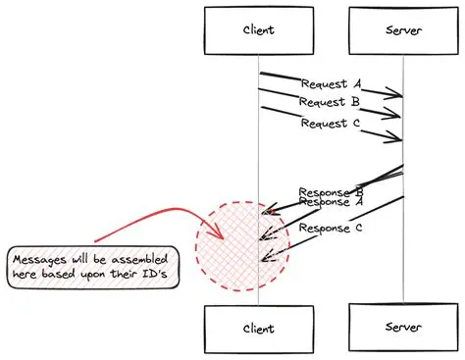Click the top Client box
(x=259, y=29)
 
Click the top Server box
(x=402, y=29)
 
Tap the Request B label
(x=331, y=102)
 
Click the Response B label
(x=331, y=192)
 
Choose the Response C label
(x=331, y=229)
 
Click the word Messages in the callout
(x=39, y=259)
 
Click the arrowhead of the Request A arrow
(x=398, y=95)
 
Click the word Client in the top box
(x=259, y=29)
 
